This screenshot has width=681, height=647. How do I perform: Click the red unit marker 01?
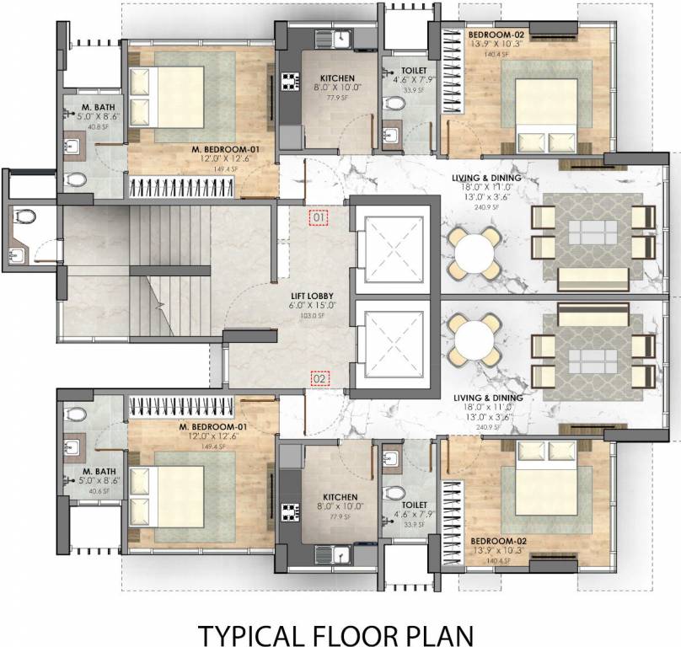[319, 218]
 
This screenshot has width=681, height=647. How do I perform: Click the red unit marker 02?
[319, 379]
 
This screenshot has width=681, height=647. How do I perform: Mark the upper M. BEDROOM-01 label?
[223, 148]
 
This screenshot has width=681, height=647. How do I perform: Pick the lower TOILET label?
[408, 504]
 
